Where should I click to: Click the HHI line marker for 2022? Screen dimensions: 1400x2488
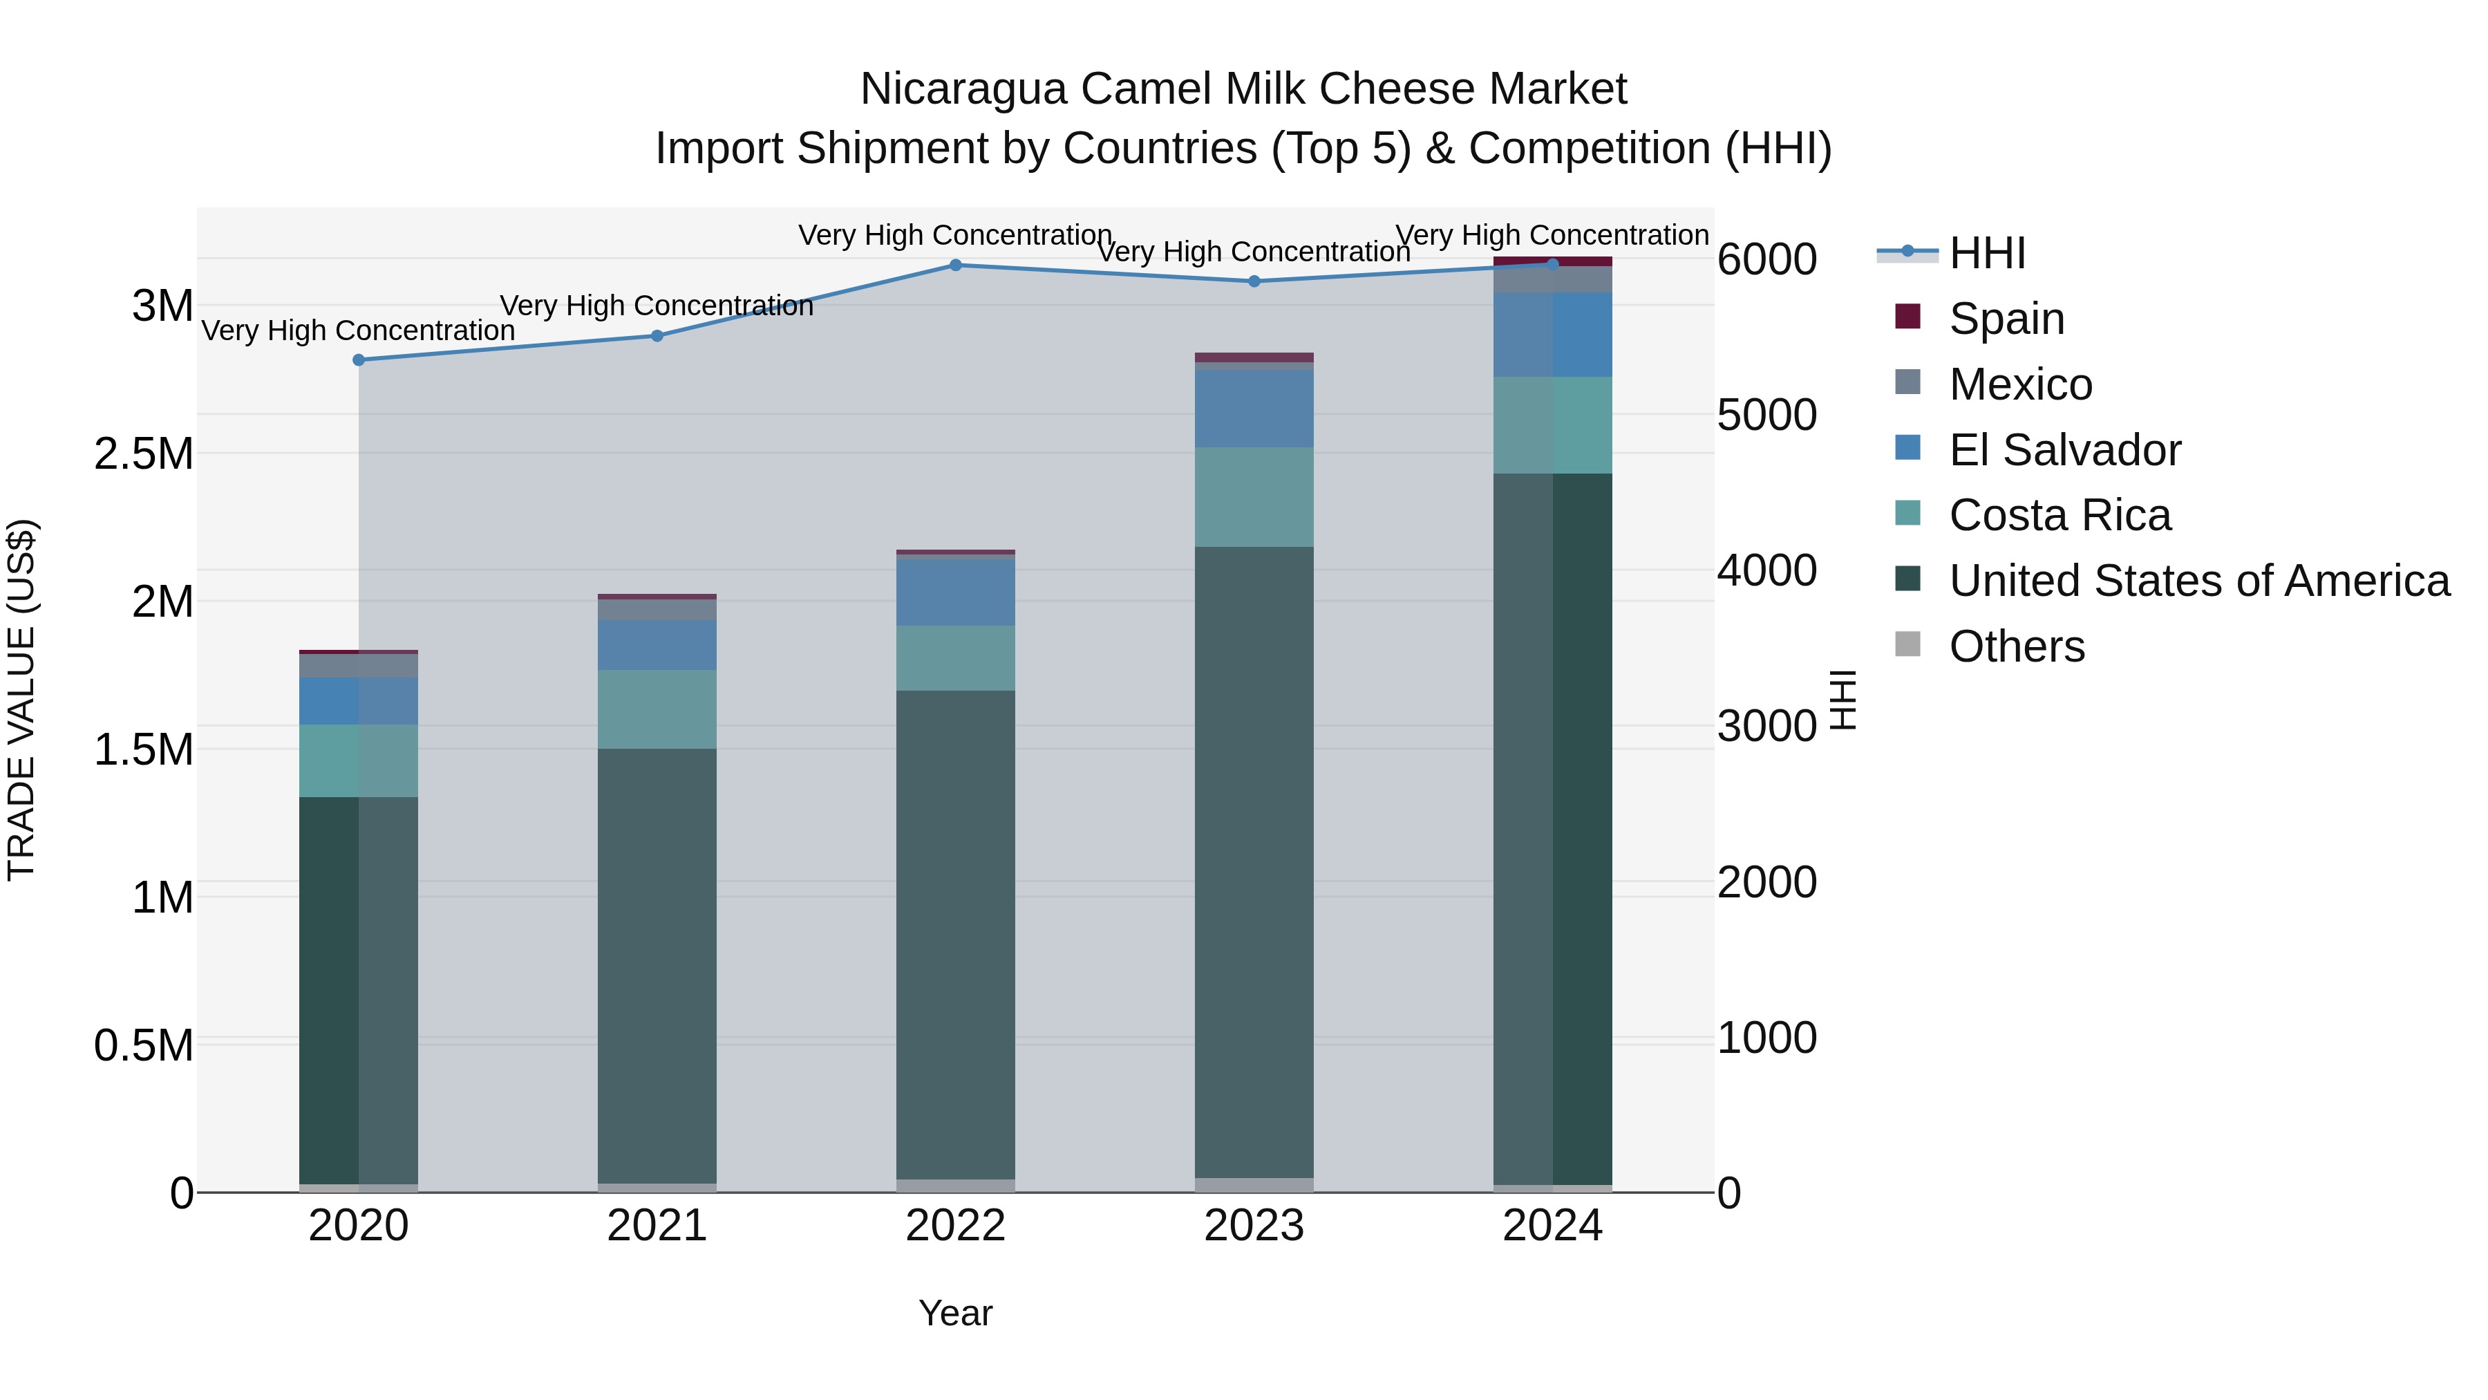(x=955, y=265)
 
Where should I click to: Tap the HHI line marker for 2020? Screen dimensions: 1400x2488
(x=358, y=360)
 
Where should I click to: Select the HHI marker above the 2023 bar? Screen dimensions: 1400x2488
(x=1254, y=281)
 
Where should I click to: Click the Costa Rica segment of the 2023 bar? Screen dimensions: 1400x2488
(x=1254, y=496)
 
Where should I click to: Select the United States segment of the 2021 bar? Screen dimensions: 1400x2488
(x=657, y=967)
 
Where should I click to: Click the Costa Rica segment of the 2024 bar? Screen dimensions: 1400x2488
(x=1552, y=425)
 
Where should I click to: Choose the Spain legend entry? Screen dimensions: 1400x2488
(x=2006, y=319)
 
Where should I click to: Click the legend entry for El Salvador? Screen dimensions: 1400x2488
(x=2064, y=450)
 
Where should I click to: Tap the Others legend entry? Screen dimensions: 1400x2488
(x=2016, y=646)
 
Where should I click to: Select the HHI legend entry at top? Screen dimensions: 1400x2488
(x=1987, y=253)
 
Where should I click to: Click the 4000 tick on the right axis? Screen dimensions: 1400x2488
(x=1766, y=570)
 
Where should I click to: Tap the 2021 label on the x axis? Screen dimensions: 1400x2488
(x=657, y=1226)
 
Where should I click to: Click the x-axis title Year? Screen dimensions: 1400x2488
(x=955, y=1313)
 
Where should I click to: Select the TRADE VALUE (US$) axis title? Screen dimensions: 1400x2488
(x=21, y=700)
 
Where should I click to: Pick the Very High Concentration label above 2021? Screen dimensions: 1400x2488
(x=657, y=306)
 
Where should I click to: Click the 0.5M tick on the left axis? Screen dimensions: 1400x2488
(x=144, y=1045)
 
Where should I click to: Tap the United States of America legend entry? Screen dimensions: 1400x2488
(x=2199, y=581)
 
